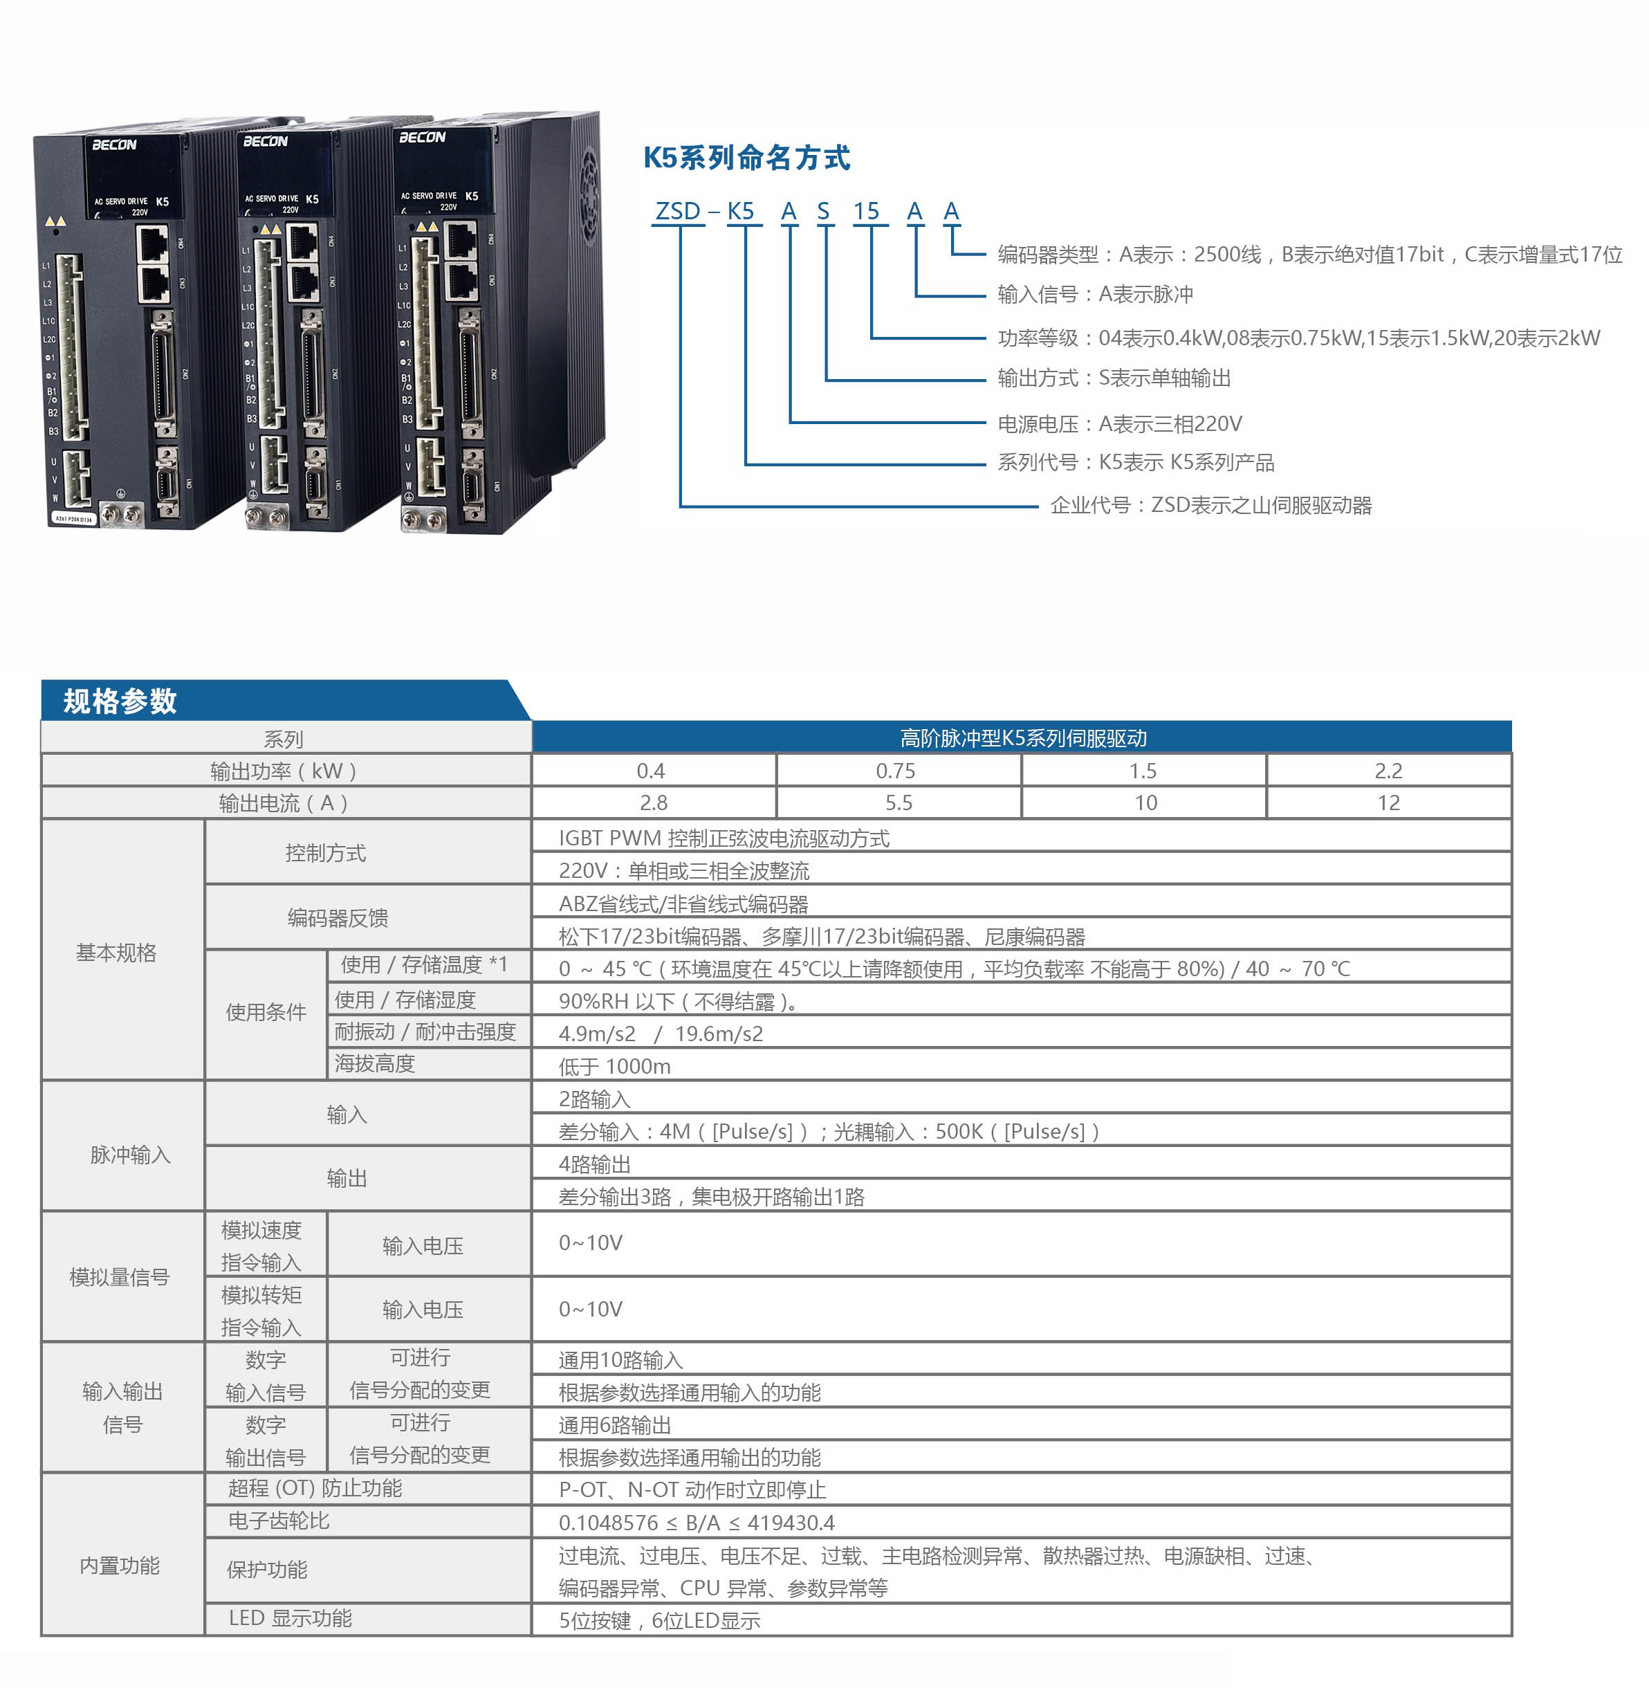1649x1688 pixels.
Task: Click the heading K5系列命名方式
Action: click(x=746, y=158)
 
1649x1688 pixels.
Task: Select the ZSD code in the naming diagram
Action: click(x=678, y=211)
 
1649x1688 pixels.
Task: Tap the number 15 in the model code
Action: click(x=866, y=211)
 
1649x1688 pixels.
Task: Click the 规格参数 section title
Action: click(x=120, y=701)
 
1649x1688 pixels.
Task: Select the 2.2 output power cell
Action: click(x=1388, y=771)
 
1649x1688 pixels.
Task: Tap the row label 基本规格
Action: click(x=116, y=953)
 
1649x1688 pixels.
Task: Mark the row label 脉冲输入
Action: click(x=130, y=1155)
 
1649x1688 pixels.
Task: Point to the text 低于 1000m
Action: click(x=615, y=1066)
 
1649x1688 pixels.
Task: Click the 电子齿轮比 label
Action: click(x=279, y=1521)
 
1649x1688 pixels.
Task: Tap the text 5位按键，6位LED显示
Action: click(x=660, y=1620)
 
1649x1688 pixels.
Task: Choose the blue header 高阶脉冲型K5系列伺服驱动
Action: click(x=1023, y=738)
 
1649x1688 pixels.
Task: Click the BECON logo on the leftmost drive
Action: click(x=114, y=145)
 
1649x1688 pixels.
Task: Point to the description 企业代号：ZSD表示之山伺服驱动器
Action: click(x=1210, y=505)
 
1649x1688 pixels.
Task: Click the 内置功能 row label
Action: click(x=120, y=1566)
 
